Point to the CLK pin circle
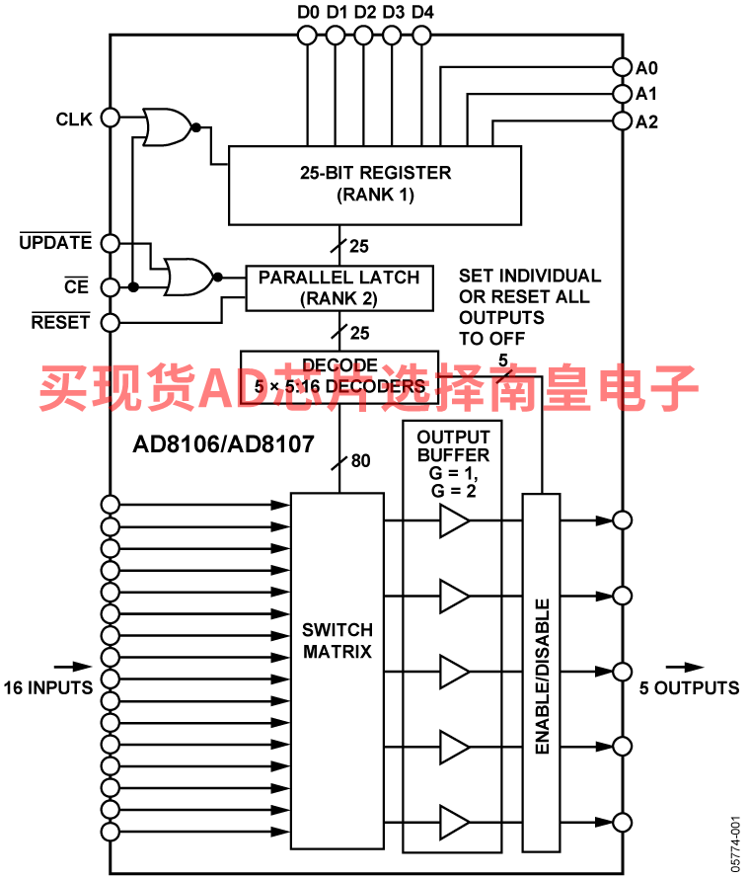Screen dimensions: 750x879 pyautogui.click(x=111, y=118)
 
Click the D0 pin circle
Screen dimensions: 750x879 pyautogui.click(x=306, y=36)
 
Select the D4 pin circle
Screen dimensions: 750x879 pyautogui.click(x=421, y=36)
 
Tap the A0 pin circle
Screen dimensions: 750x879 pyautogui.click(x=623, y=67)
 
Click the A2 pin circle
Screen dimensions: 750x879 pyautogui.click(x=623, y=120)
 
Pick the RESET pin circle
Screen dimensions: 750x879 pyautogui.click(x=111, y=323)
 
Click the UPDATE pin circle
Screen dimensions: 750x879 pyautogui.click(x=111, y=243)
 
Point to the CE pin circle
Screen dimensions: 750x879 pyautogui.click(x=111, y=287)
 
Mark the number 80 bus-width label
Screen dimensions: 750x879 pyautogui.click(x=361, y=461)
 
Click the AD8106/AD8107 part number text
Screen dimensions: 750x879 pyautogui.click(x=223, y=444)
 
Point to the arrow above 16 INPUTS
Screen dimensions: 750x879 pyautogui.click(x=73, y=667)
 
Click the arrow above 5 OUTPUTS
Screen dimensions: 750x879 pyautogui.click(x=685, y=667)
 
